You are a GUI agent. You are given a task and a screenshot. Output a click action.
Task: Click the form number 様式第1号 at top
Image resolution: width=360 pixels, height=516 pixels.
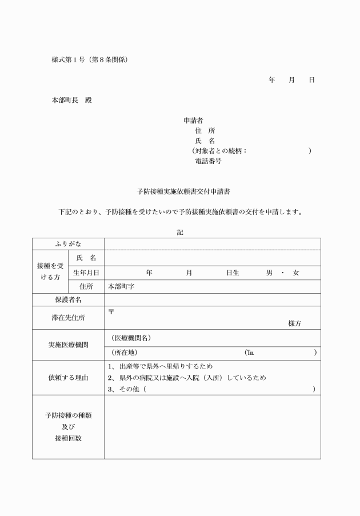tap(69, 59)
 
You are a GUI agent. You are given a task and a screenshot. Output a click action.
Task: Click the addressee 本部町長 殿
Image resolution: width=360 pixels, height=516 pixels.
tap(71, 100)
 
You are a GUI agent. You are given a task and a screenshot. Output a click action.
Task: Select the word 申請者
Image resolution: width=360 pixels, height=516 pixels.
tap(193, 121)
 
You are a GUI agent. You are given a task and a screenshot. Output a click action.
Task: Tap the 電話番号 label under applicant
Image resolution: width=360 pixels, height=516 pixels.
tap(208, 161)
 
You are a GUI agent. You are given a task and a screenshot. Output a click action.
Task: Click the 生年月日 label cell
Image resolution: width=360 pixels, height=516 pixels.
tap(86, 273)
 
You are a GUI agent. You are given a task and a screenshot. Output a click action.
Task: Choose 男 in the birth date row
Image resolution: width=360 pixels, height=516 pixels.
tap(269, 273)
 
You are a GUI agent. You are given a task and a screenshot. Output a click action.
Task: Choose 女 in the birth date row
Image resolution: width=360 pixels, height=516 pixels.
tap(295, 273)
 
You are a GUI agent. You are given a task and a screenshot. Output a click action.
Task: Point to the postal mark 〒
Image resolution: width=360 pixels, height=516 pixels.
tap(111, 312)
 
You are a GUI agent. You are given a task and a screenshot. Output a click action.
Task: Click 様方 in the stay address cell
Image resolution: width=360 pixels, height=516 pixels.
tap(295, 323)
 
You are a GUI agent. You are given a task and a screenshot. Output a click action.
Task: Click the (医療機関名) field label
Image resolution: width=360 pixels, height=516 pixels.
tap(131, 338)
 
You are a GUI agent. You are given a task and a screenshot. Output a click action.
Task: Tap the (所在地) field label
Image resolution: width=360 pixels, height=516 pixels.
tap(124, 353)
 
